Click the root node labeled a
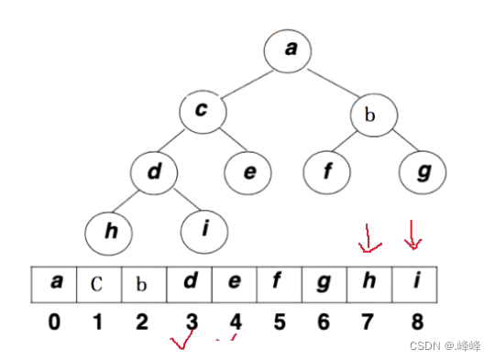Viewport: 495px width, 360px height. click(x=290, y=49)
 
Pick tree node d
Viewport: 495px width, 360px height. click(x=154, y=172)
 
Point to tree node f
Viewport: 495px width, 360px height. click(x=327, y=172)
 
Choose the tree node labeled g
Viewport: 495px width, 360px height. click(x=423, y=172)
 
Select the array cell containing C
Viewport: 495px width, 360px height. click(x=98, y=283)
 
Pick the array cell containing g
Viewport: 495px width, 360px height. click(x=324, y=283)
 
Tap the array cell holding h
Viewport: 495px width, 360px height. click(x=368, y=283)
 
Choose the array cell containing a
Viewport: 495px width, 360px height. click(x=54, y=283)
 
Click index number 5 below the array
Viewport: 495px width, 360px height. click(x=279, y=321)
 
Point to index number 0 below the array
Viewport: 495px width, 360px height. click(x=55, y=321)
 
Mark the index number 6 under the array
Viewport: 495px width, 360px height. click(x=324, y=321)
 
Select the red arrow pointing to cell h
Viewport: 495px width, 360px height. click(x=371, y=241)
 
